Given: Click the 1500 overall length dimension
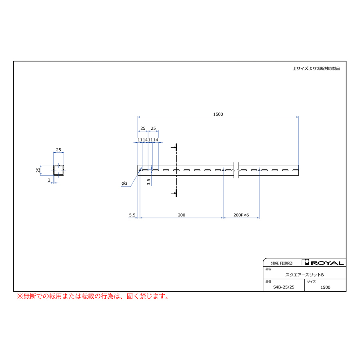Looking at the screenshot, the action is point(218,114).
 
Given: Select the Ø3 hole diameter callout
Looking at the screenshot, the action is point(124,184).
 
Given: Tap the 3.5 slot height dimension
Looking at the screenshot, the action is point(148,182).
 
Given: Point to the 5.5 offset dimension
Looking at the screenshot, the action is point(132,215).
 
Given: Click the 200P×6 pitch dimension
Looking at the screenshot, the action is point(241,215).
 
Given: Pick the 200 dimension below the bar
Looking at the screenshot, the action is point(181,215).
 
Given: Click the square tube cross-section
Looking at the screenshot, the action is point(58,170).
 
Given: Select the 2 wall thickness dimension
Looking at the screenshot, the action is point(49,180).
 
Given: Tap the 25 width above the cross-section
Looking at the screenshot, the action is point(58,150).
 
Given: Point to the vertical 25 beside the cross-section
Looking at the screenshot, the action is point(38,170).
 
